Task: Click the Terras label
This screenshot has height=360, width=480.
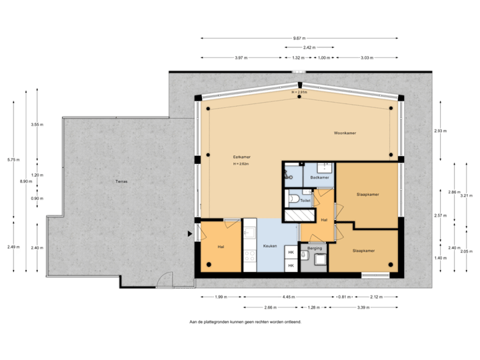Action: tap(121, 181)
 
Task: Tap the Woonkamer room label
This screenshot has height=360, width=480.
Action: tap(345, 133)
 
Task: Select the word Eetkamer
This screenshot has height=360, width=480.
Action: tap(232, 157)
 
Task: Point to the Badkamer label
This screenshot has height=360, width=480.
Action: tap(320, 177)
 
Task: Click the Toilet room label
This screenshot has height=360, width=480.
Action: tap(306, 199)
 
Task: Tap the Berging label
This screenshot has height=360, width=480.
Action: tap(313, 247)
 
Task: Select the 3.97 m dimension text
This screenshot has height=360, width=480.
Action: tap(241, 57)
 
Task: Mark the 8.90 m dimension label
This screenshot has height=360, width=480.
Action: tap(25, 181)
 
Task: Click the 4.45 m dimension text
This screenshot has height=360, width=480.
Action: tap(289, 296)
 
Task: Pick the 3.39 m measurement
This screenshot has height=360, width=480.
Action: tap(363, 307)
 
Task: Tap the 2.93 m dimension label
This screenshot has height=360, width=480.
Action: tap(440, 131)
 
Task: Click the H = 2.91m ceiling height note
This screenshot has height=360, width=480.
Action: tap(299, 92)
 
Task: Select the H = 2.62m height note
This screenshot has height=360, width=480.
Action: tap(241, 164)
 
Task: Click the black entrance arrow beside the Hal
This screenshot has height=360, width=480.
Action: tap(190, 234)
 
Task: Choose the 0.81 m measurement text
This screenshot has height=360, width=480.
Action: tap(344, 296)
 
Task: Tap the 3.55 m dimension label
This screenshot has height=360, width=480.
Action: tap(37, 124)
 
